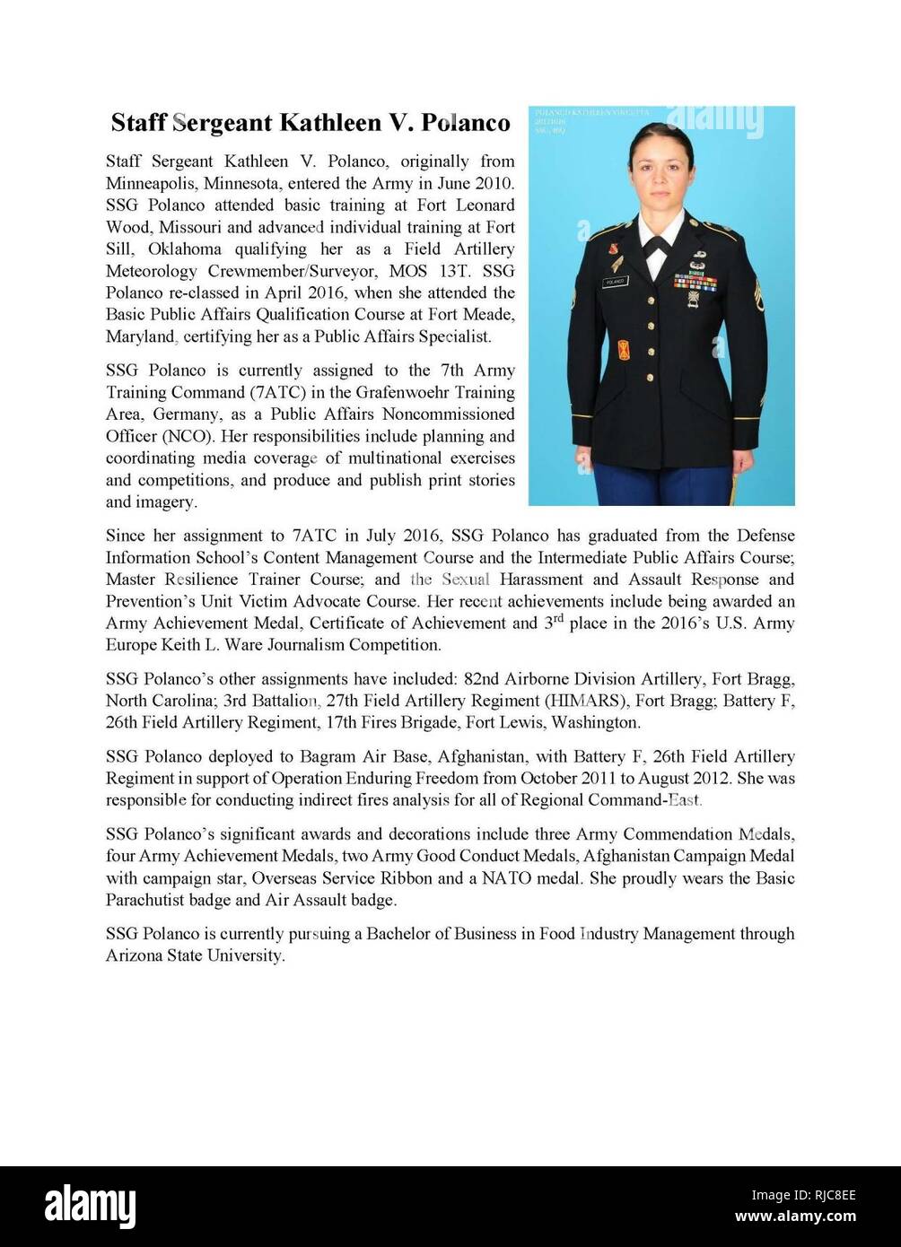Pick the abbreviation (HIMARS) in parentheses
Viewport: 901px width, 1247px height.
582,701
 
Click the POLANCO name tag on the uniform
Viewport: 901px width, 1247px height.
616,281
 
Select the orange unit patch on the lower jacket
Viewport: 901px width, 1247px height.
623,348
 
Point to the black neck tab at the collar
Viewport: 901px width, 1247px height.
658,245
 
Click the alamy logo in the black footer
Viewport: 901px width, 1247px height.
90,1207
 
